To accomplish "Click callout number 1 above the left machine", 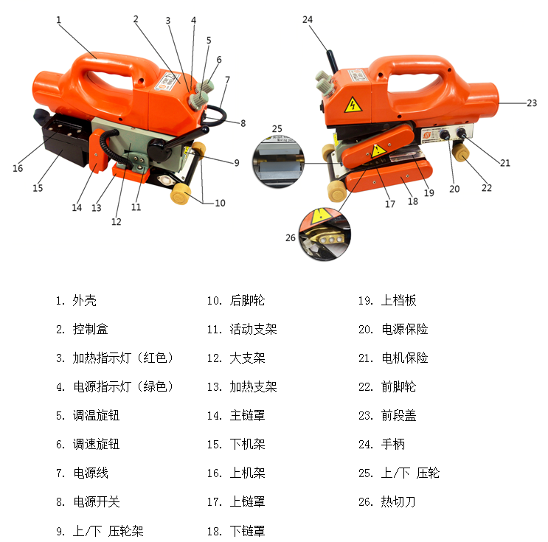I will [58, 20].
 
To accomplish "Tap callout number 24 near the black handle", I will [308, 19].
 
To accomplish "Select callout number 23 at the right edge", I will [532, 104].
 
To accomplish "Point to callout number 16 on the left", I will [18, 168].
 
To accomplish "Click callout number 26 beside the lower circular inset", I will [290, 237].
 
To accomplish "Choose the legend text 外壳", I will [84, 301].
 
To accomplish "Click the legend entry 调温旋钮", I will [96, 416].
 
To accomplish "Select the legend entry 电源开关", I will [96, 502].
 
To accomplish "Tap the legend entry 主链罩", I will [247, 416].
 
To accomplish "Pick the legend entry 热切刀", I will [398, 502].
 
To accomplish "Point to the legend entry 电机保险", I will [404, 358].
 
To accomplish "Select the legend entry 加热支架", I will [253, 387].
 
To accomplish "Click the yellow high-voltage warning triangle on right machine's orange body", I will [353, 105].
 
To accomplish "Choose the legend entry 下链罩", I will [247, 531].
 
